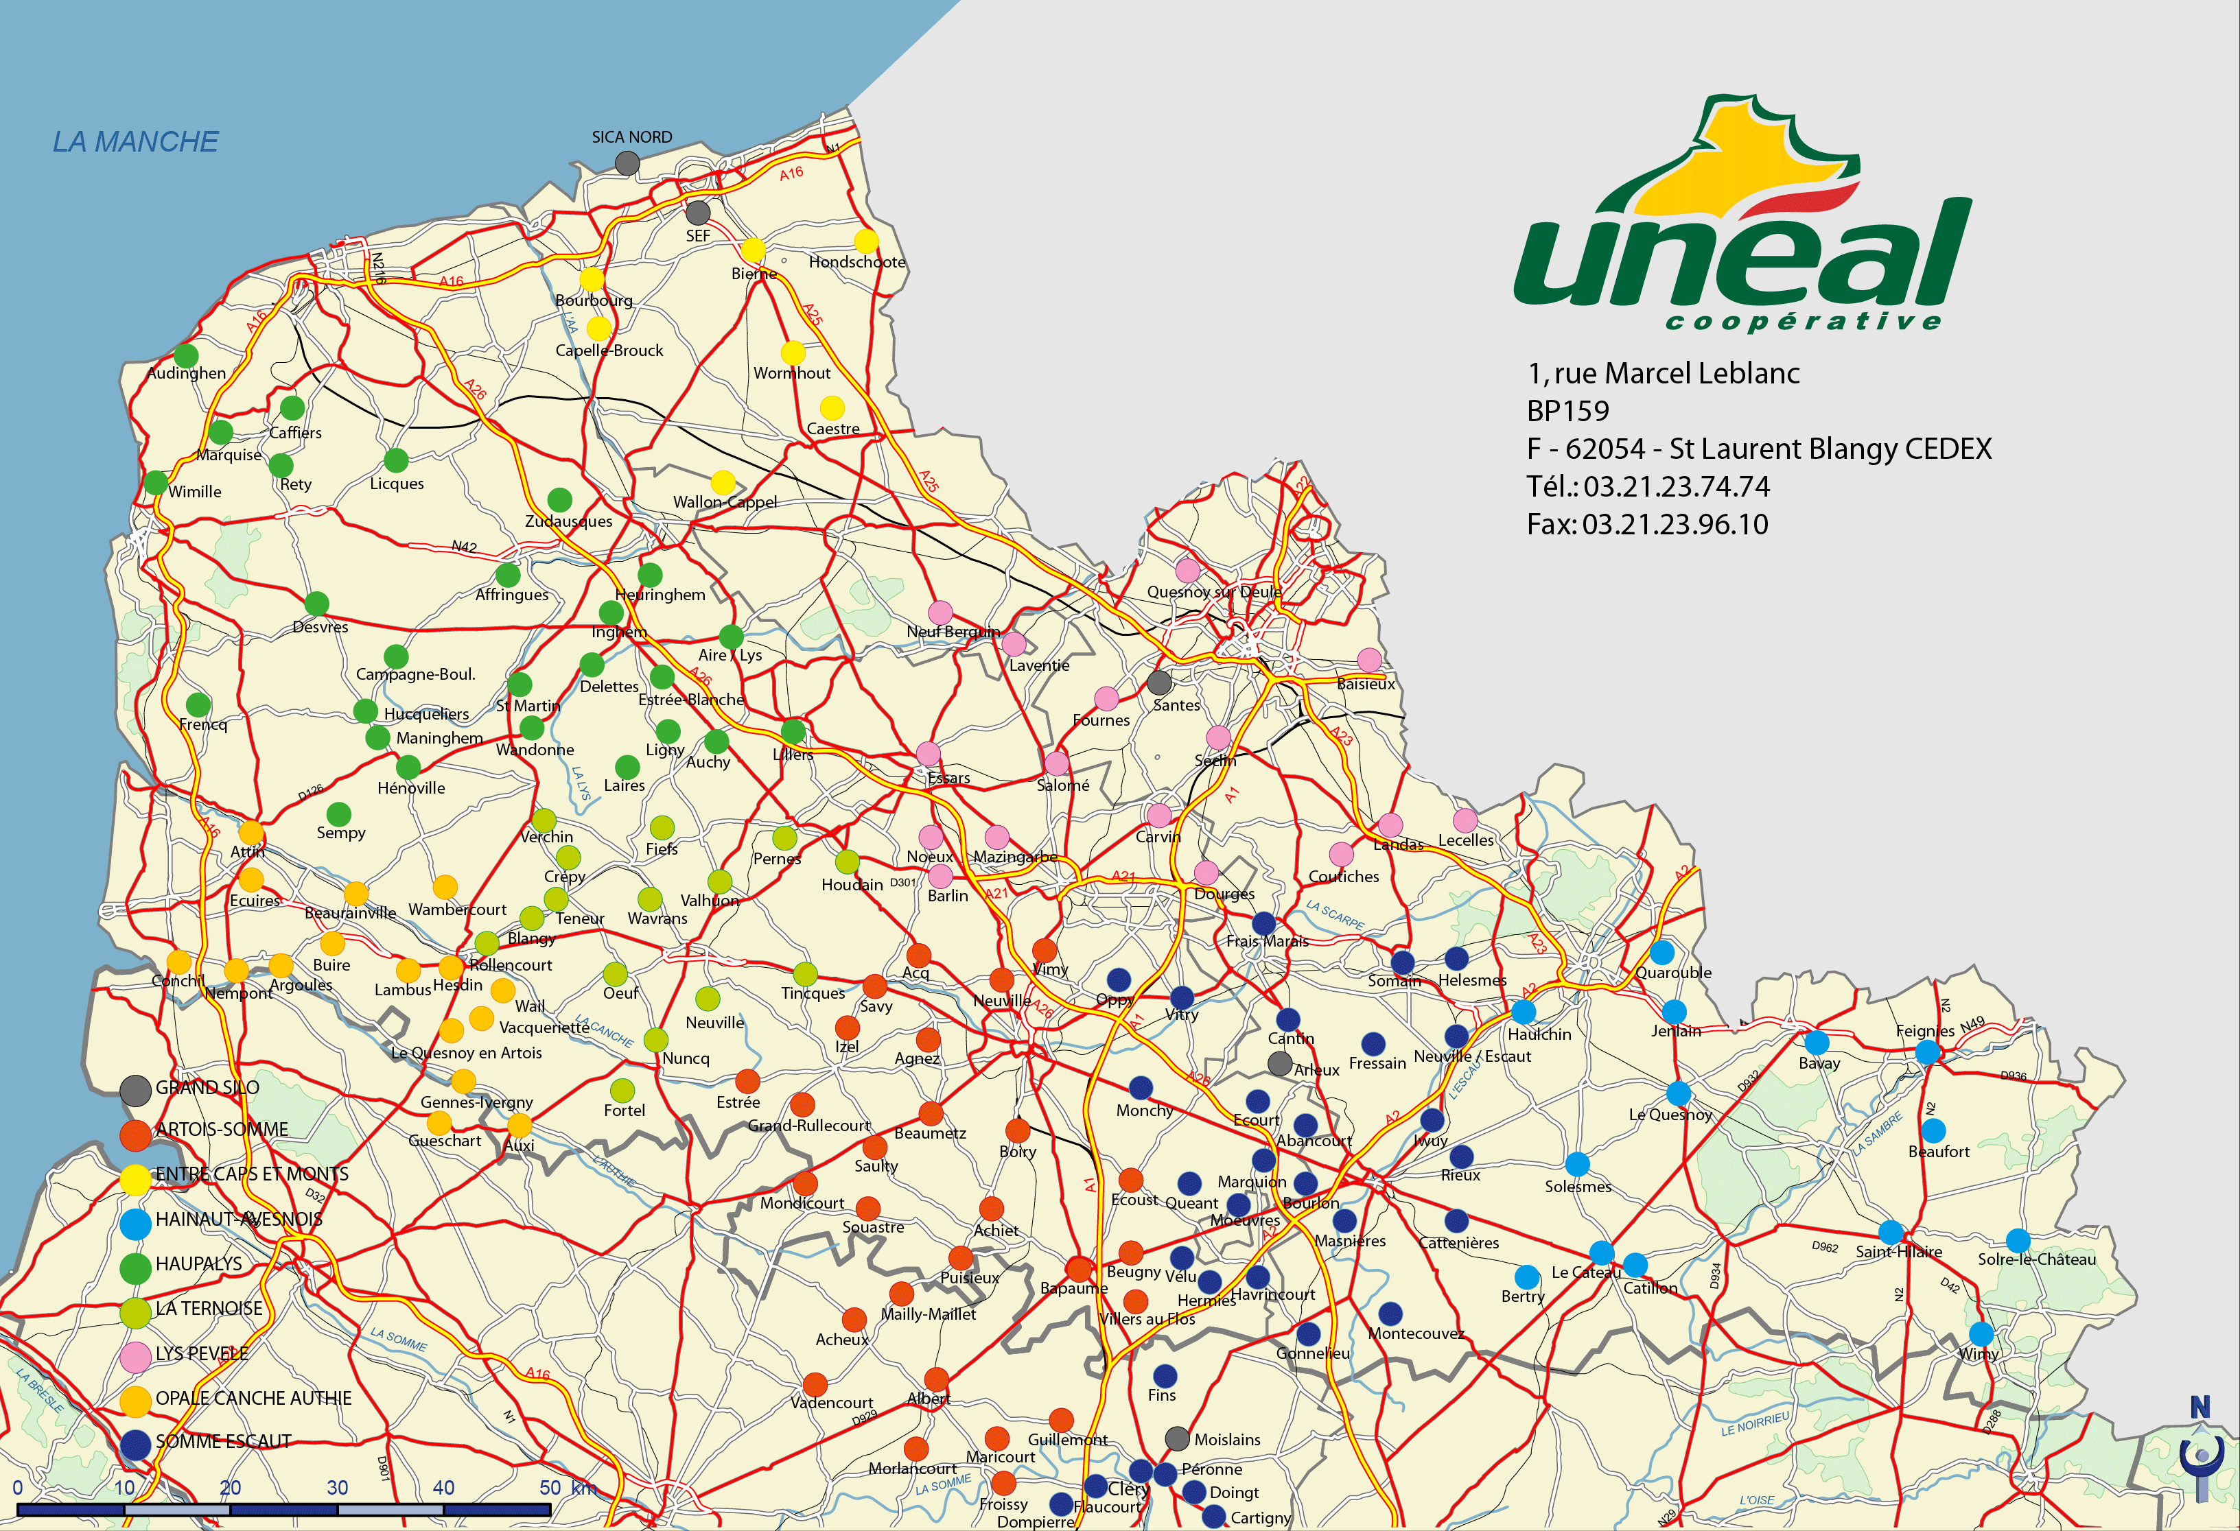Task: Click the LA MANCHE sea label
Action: [135, 141]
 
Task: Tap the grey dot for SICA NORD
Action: [627, 163]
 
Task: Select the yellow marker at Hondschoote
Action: [867, 241]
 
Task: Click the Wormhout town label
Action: [791, 373]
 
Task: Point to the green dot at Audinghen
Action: [186, 355]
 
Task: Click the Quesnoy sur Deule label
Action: [1213, 591]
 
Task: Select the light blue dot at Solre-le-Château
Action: [2018, 1241]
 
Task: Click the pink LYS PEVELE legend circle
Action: [135, 1355]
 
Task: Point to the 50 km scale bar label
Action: [567, 1488]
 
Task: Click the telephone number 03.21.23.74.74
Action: [1676, 486]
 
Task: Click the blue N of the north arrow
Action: [2200, 1408]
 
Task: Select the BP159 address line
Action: [1568, 412]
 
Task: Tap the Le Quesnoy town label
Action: [1670, 1115]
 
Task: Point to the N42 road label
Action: [465, 546]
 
